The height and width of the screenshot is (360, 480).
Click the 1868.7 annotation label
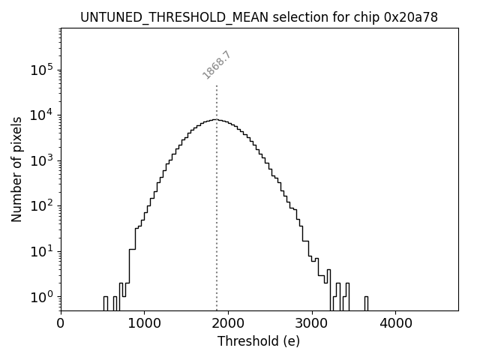coord(217,65)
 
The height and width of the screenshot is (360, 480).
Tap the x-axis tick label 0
coord(61,323)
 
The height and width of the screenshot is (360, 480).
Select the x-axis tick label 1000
coord(144,323)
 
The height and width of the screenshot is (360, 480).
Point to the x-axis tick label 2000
coord(228,323)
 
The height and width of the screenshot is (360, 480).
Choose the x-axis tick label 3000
coord(312,323)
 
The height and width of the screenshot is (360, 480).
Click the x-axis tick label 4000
coord(395,323)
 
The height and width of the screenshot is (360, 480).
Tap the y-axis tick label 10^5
coord(42,70)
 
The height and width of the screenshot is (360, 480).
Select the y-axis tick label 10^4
coord(42,115)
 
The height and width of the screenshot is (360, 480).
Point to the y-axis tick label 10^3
coord(42,160)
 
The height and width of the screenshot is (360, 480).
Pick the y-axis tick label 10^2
coord(42,205)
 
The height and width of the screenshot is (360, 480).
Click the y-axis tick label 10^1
coord(42,251)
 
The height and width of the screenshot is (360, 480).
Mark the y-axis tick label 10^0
coord(42,297)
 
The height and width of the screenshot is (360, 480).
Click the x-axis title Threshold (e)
coord(259,341)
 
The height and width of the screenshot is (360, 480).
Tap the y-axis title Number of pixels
coord(16,169)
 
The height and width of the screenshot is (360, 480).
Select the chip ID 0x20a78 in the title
coord(410,16)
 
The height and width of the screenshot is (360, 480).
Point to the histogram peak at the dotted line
coord(217,119)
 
